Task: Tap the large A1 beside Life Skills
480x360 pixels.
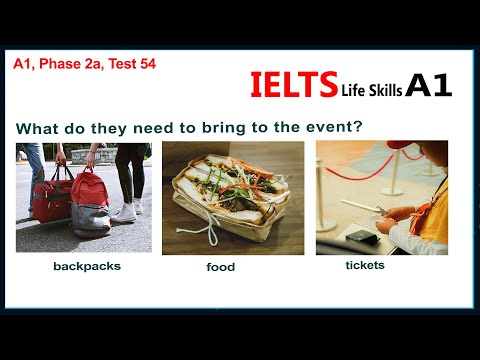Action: (x=429, y=86)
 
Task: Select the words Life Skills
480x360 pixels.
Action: (x=371, y=90)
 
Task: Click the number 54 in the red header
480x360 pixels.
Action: (x=146, y=63)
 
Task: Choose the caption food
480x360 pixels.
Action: (x=220, y=267)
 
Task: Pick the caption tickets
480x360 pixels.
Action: (x=364, y=265)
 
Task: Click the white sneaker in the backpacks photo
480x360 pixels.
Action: (x=123, y=211)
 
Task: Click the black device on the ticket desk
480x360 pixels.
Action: (x=359, y=236)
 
